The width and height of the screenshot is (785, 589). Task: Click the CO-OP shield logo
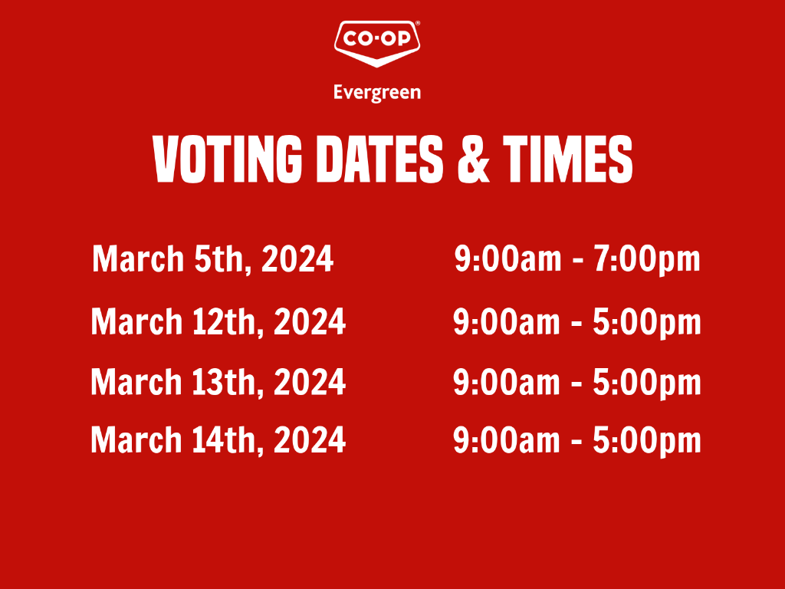(x=376, y=44)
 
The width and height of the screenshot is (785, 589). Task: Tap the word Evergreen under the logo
(x=377, y=93)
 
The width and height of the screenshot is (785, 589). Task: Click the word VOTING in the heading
(x=228, y=160)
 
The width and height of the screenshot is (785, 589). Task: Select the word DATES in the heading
(x=380, y=160)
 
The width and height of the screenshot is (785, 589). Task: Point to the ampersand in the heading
(x=474, y=160)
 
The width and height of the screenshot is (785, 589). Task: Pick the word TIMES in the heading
(x=568, y=160)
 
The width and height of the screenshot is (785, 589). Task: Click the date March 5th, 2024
(x=213, y=259)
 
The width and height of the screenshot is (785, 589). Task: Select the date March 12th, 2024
(x=218, y=321)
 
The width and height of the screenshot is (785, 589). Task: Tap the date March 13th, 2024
(x=218, y=382)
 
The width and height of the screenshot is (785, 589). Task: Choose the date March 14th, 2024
(x=218, y=440)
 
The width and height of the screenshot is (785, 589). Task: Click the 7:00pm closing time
(x=647, y=260)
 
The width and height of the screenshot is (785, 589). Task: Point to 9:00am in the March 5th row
(x=507, y=259)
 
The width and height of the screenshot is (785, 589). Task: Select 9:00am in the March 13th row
(x=507, y=382)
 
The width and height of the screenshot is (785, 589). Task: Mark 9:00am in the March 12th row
(x=507, y=321)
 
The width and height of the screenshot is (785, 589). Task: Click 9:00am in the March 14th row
(x=507, y=440)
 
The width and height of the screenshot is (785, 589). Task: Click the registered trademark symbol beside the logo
(x=418, y=23)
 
